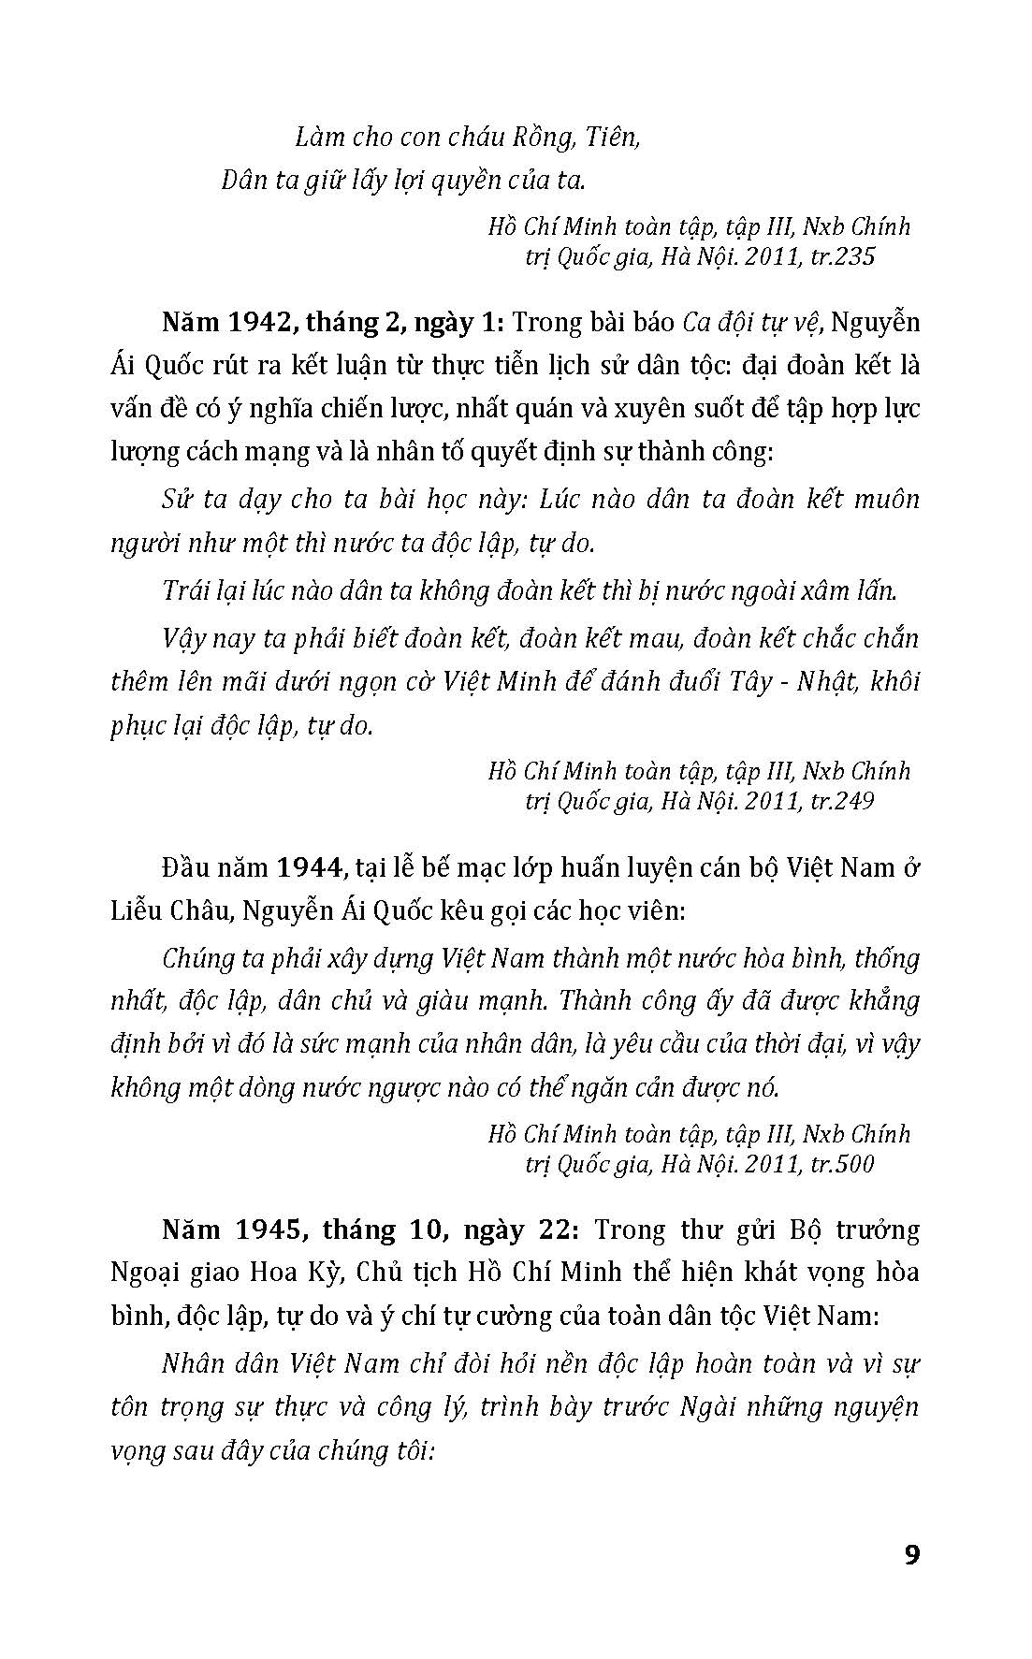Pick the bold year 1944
pos(308,867)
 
